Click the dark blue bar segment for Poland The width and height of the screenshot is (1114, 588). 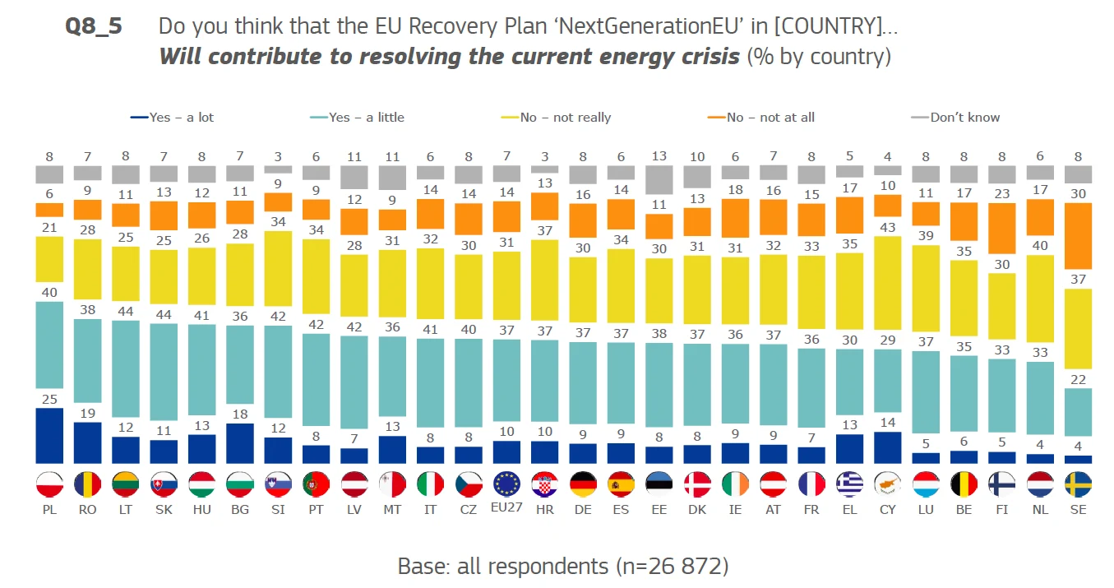pyautogui.click(x=49, y=436)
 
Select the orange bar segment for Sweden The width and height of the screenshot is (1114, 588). pyautogui.click(x=1078, y=236)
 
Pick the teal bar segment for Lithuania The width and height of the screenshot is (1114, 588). pyautogui.click(x=125, y=369)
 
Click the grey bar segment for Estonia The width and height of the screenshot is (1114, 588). pyautogui.click(x=659, y=179)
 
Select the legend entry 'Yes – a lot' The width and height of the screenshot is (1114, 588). pyautogui.click(x=173, y=118)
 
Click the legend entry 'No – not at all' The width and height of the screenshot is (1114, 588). pyautogui.click(x=761, y=118)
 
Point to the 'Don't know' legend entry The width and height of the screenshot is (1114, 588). pyautogui.click(x=956, y=118)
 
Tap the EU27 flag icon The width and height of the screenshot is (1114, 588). pyautogui.click(x=506, y=485)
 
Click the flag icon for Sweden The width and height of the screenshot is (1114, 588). pyautogui.click(x=1078, y=485)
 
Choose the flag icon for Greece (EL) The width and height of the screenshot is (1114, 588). pyautogui.click(x=849, y=485)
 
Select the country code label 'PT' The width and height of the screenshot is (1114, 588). pyautogui.click(x=316, y=510)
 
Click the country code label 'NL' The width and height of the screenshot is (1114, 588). pyautogui.click(x=1040, y=510)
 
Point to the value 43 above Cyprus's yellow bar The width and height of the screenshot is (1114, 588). pyautogui.click(x=887, y=227)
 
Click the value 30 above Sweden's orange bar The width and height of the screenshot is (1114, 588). pyautogui.click(x=1078, y=194)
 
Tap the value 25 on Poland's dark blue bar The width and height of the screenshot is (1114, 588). pyautogui.click(x=49, y=400)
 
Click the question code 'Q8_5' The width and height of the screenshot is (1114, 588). pyautogui.click(x=94, y=26)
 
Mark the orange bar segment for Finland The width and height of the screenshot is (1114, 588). pyautogui.click(x=1002, y=228)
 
